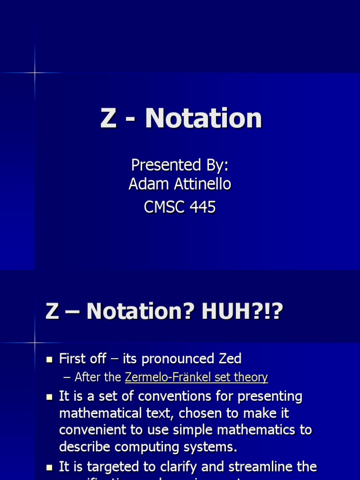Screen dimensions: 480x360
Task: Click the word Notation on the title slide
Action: tap(203, 118)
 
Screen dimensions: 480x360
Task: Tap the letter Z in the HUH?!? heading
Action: tap(52, 312)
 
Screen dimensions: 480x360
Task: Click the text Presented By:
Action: tap(180, 165)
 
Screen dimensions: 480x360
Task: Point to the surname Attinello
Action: tap(200, 184)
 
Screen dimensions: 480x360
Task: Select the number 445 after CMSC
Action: tap(201, 207)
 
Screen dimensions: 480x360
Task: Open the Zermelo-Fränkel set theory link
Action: tap(196, 377)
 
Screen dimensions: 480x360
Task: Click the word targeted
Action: tap(106, 467)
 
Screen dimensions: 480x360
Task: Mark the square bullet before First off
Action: tap(49, 360)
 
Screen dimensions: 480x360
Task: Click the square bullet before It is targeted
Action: tap(49, 467)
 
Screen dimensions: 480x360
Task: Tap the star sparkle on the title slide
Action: tap(35, 73)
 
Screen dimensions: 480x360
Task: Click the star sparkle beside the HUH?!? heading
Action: tap(35, 343)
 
